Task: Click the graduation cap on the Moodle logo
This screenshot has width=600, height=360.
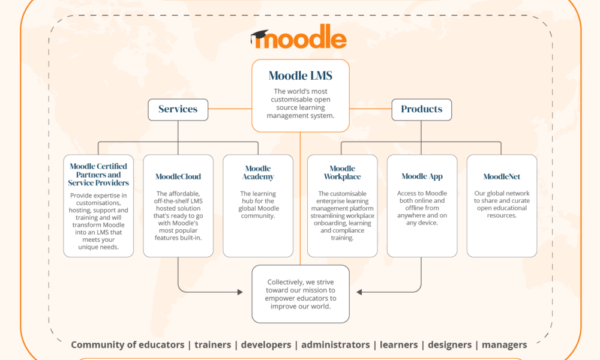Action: coord(259,37)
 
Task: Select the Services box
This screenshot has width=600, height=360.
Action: coord(178,110)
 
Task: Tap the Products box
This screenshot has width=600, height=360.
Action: coord(422,110)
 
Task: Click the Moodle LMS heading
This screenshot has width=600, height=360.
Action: coord(301,76)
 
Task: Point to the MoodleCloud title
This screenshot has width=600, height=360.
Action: coord(178,176)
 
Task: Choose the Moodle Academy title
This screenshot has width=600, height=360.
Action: coord(258,173)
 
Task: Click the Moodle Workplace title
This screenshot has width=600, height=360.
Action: coord(342,173)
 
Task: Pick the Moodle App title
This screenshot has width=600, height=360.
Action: coord(422,176)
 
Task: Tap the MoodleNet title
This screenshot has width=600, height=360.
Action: coord(502,176)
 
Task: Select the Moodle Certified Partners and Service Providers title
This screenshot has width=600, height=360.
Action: coord(98,175)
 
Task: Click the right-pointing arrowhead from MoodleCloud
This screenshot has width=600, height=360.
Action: coord(240,292)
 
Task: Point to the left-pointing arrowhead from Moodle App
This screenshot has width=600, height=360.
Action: coord(359,292)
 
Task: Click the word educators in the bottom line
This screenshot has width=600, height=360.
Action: coord(161,344)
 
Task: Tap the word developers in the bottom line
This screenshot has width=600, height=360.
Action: coord(266,345)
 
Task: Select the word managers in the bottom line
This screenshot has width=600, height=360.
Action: coord(505,345)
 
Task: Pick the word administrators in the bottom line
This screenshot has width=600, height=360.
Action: coord(335,344)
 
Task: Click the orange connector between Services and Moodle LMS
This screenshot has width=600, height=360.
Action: coord(230,109)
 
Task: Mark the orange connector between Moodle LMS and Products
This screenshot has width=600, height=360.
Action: coord(370,109)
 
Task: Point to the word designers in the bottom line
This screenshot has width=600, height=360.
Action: coord(449,345)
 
